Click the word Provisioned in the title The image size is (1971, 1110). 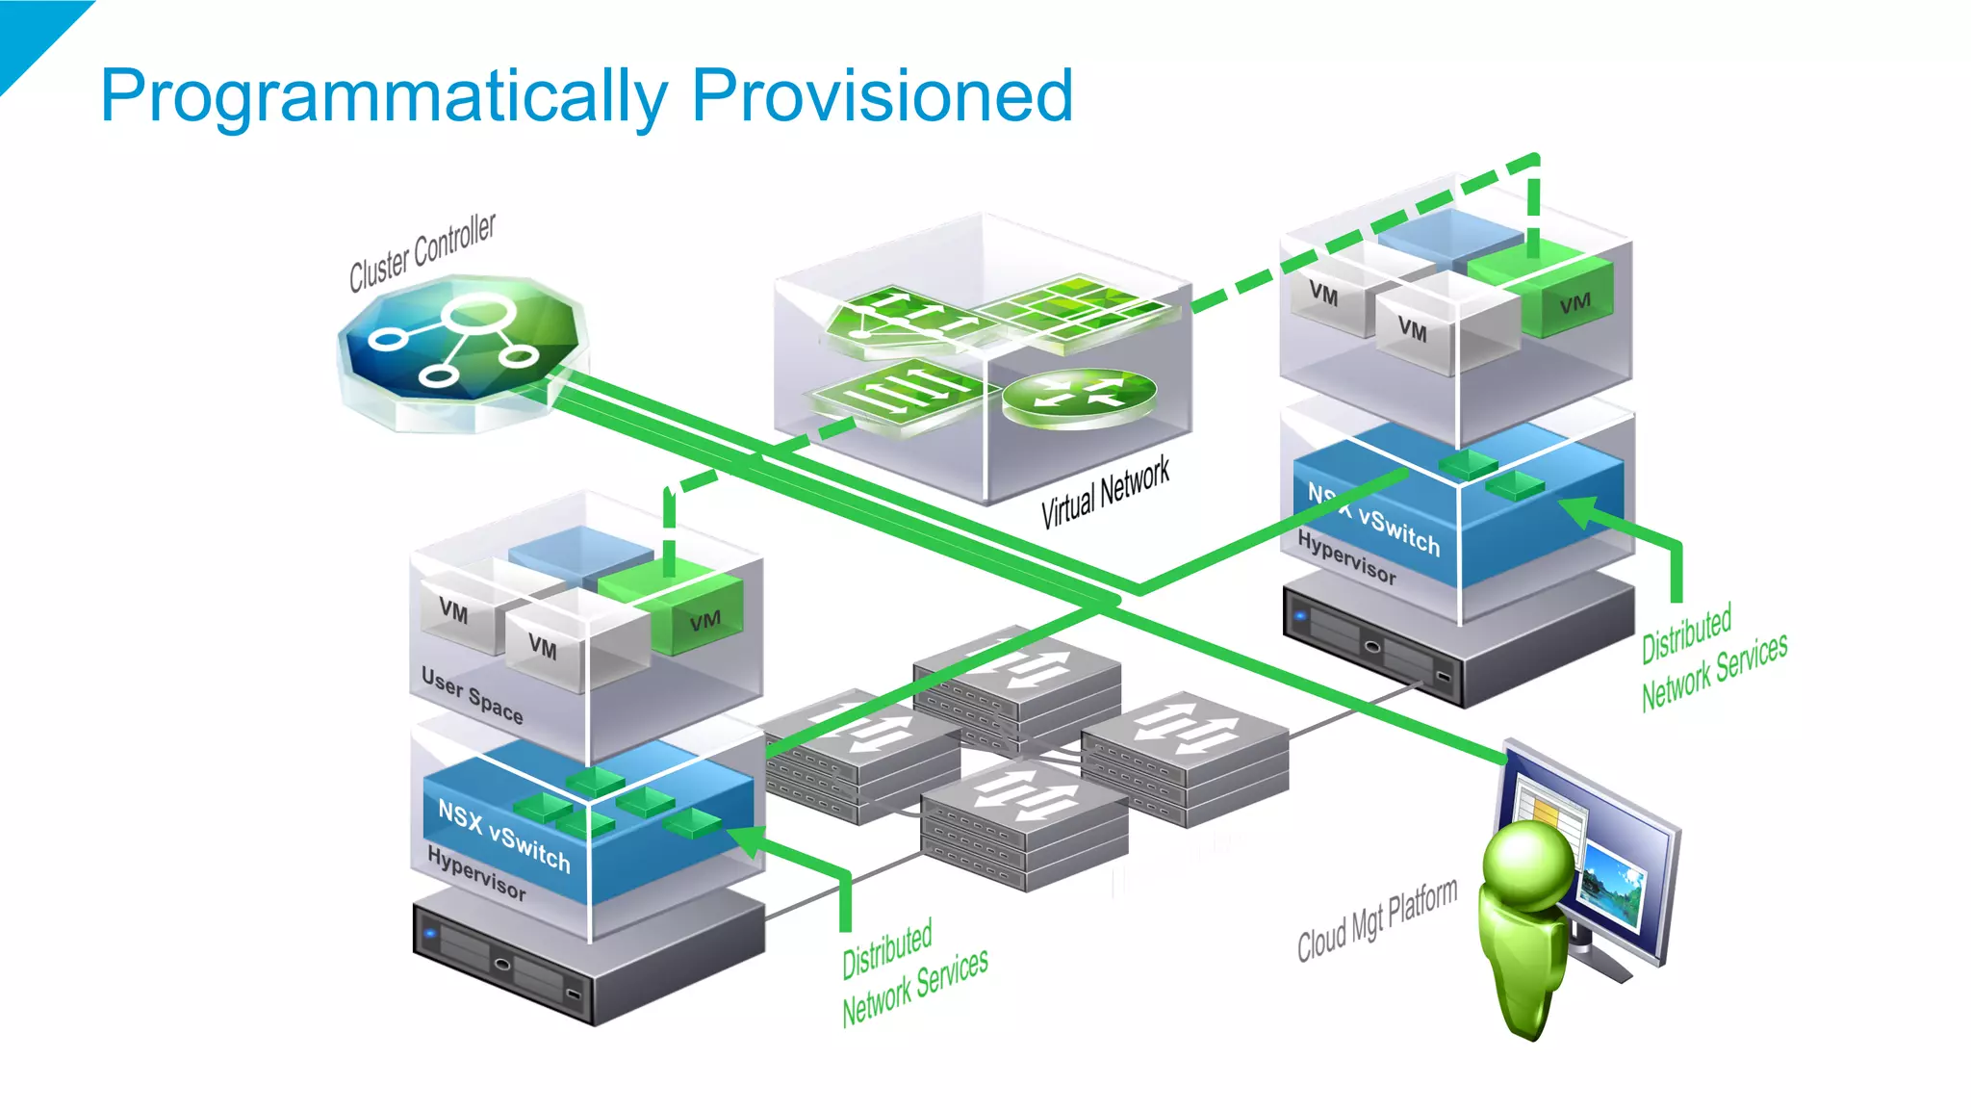882,95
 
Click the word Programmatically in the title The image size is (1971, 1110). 384,97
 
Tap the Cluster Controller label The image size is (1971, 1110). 422,252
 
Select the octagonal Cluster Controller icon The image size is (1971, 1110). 460,349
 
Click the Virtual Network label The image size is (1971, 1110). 1105,492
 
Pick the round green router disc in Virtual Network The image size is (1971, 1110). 1079,395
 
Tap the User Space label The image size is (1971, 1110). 472,695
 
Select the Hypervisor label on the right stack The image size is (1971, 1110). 1345,557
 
